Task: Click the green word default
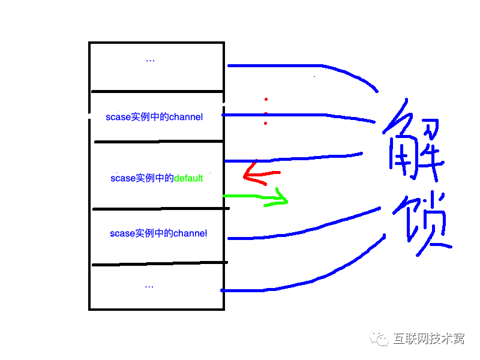pyautogui.click(x=188, y=178)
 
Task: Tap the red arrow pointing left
pyautogui.click(x=258, y=175)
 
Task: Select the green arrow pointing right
pyautogui.click(x=258, y=197)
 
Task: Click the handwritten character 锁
pyautogui.click(x=420, y=222)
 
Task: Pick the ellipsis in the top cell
pyautogui.click(x=150, y=60)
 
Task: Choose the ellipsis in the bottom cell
pyautogui.click(x=149, y=286)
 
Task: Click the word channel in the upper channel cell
pyautogui.click(x=186, y=117)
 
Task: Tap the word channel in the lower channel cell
pyautogui.click(x=190, y=233)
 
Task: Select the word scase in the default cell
pyautogui.click(x=123, y=178)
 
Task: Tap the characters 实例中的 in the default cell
pyautogui.click(x=155, y=178)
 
